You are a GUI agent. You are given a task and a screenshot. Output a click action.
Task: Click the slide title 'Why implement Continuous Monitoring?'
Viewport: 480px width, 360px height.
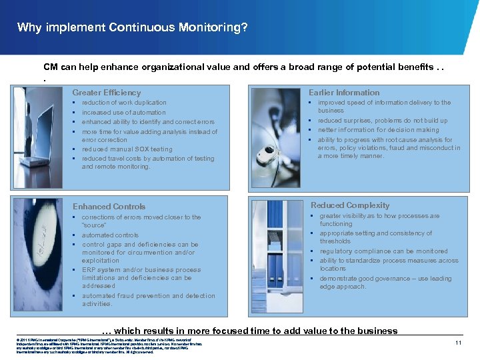click(132, 27)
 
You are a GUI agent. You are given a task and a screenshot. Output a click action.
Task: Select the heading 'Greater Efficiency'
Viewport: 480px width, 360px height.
click(107, 93)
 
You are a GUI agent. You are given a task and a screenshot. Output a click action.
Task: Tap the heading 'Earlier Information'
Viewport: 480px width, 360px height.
click(344, 93)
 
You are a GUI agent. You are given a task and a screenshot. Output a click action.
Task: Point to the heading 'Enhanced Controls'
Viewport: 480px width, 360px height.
click(109, 207)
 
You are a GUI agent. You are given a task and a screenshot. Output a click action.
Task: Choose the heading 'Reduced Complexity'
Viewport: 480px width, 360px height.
click(350, 205)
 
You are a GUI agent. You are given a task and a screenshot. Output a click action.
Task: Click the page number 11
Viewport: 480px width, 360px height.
click(458, 343)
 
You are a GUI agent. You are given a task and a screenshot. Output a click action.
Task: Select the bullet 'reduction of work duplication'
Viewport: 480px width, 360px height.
click(124, 103)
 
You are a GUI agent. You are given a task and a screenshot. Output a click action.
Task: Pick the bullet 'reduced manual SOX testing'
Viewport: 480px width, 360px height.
click(127, 149)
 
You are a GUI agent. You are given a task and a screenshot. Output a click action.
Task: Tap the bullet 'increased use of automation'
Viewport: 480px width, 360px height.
click(123, 113)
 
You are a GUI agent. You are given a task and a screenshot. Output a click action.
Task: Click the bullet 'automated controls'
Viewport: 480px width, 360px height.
click(110, 235)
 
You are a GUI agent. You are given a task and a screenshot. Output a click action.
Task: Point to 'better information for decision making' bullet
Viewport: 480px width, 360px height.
click(378, 130)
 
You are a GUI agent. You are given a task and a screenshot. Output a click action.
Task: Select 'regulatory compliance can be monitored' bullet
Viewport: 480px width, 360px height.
click(383, 251)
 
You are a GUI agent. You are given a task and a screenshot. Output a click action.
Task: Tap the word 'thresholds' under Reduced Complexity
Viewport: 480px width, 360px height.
click(335, 241)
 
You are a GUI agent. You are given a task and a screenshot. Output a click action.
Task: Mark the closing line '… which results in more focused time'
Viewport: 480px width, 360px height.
click(249, 331)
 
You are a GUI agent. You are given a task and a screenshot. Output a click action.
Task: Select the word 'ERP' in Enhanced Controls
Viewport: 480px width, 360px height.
click(89, 270)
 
